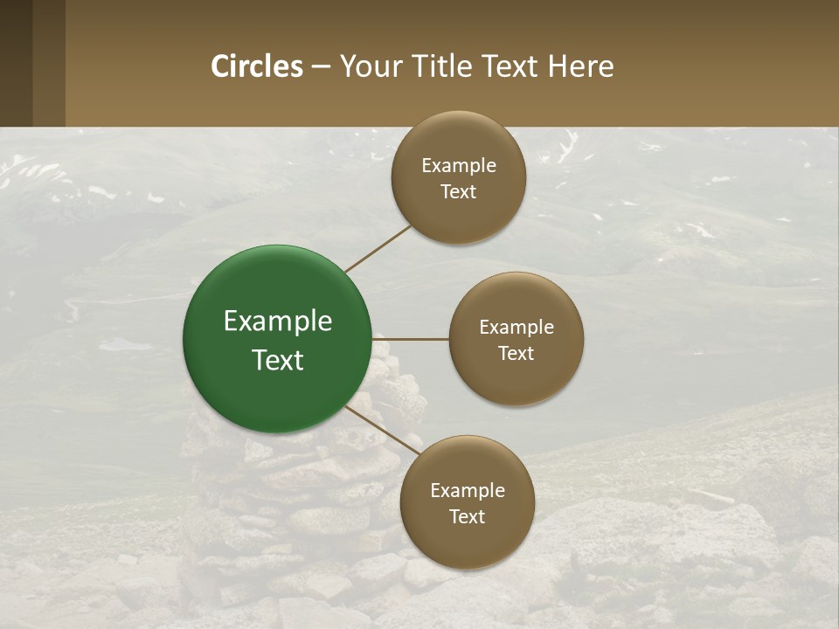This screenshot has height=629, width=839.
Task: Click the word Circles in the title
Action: pyautogui.click(x=257, y=66)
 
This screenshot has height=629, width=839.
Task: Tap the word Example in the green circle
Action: pyautogui.click(x=278, y=321)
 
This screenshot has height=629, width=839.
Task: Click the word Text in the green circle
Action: pyautogui.click(x=278, y=360)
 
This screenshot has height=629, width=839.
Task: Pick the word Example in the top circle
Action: pyautogui.click(x=459, y=166)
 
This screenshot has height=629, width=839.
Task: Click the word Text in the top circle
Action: pyautogui.click(x=459, y=191)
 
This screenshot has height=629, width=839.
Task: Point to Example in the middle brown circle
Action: pyautogui.click(x=517, y=328)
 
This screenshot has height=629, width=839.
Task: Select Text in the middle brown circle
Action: pyautogui.click(x=517, y=353)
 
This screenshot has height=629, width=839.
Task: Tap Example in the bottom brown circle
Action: pyautogui.click(x=468, y=491)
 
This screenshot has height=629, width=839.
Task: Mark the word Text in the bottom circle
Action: pyautogui.click(x=468, y=516)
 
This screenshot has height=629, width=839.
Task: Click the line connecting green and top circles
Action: pyautogui.click(x=378, y=249)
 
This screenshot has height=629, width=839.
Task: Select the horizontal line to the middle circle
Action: pyautogui.click(x=411, y=339)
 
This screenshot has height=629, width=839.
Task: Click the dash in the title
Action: pyautogui.click(x=321, y=67)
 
